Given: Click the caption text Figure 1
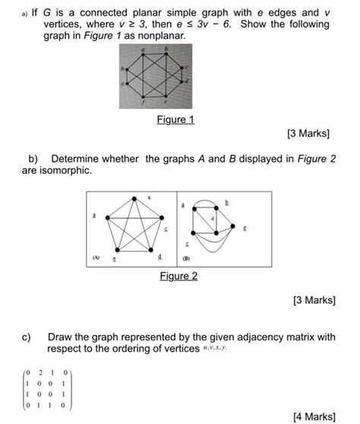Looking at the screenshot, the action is pos(176,120).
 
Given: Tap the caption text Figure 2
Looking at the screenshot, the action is pos(179,276).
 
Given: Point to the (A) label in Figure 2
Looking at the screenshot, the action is pos(95,258).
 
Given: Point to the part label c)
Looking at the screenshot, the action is pos(33,336).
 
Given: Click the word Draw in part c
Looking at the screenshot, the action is pos(61,336).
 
